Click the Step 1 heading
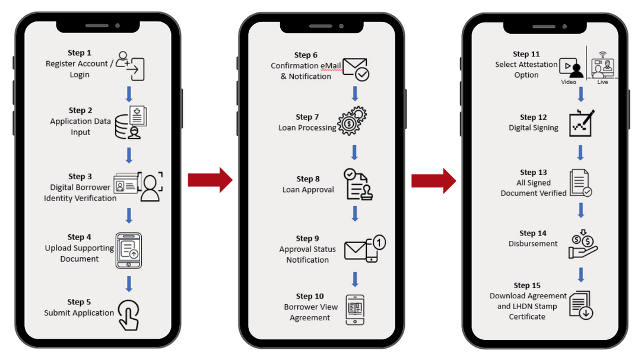tap(80, 53)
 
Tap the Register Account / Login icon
tap(130, 65)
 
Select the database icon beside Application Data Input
tap(130, 122)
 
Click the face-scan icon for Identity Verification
tap(150, 187)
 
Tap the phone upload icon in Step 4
tap(128, 249)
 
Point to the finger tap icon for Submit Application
tap(128, 314)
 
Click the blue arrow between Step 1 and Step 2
tap(129, 93)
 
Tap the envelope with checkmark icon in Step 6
tap(356, 69)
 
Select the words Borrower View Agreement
tap(310, 313)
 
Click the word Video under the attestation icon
tap(569, 82)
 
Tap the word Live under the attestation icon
tap(602, 82)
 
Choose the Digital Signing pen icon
tap(582, 123)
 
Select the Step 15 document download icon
tap(581, 305)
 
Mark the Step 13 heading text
tap(533, 172)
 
